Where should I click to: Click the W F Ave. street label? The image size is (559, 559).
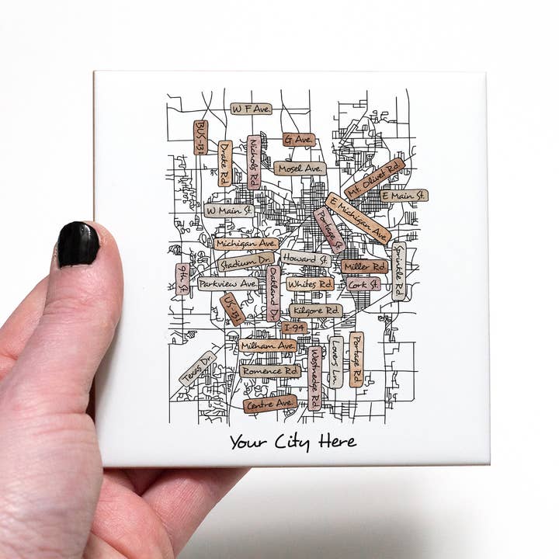[x=251, y=109]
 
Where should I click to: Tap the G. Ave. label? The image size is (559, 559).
[x=298, y=141]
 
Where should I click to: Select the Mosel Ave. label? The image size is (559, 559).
[x=299, y=168]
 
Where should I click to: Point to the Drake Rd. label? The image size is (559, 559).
[x=225, y=163]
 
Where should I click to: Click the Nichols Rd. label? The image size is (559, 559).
[x=254, y=162]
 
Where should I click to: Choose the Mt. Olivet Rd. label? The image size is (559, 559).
[x=374, y=179]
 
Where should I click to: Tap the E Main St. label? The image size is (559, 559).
[x=403, y=196]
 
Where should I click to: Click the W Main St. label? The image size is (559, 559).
[x=229, y=210]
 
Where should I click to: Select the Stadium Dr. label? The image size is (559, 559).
[x=246, y=263]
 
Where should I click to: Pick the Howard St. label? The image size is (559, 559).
[x=305, y=258]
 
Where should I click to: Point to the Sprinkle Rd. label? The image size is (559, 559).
[x=399, y=271]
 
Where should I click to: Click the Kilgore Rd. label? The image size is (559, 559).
[x=316, y=311]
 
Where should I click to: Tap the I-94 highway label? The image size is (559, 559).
[x=294, y=328]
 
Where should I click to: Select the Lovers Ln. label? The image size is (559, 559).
[x=335, y=362]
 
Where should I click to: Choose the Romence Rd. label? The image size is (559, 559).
[x=269, y=371]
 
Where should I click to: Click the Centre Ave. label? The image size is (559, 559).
[x=269, y=403]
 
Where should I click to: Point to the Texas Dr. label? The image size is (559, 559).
[x=198, y=368]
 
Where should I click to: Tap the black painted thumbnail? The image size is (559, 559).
[x=78, y=243]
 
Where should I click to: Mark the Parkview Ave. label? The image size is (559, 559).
[x=227, y=284]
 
